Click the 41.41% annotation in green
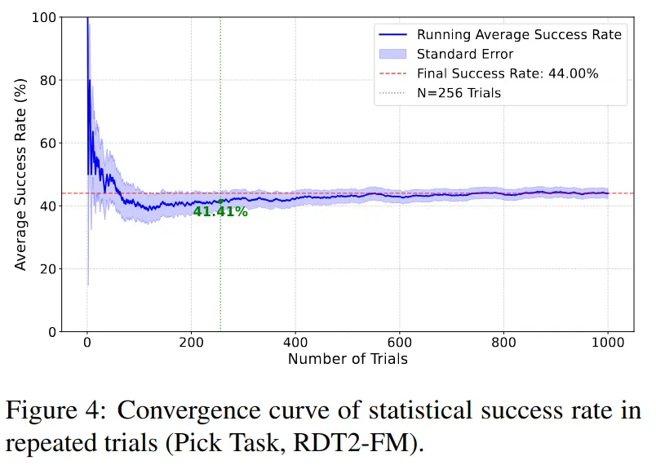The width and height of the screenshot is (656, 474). pyautogui.click(x=220, y=212)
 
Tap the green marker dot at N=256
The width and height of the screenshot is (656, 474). pyautogui.click(x=220, y=202)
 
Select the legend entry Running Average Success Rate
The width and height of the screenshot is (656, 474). pyautogui.click(x=519, y=34)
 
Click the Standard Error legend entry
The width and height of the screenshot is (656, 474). pyautogui.click(x=465, y=54)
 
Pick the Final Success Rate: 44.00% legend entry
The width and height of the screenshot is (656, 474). pyautogui.click(x=508, y=73)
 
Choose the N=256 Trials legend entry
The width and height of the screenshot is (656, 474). pyautogui.click(x=459, y=93)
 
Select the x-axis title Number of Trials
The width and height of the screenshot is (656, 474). pyautogui.click(x=348, y=359)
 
